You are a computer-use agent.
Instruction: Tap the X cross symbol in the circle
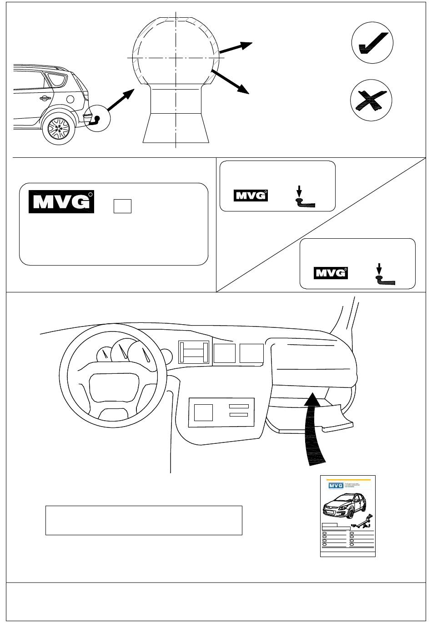coord(372,100)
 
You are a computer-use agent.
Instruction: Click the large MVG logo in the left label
coord(61,201)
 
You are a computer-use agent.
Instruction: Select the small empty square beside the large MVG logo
coord(122,206)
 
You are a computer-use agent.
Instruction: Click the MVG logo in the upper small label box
coord(251,196)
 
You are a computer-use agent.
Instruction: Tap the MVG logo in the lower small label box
coord(331,273)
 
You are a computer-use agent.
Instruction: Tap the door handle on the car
coord(45,98)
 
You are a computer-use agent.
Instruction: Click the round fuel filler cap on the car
coord(70,99)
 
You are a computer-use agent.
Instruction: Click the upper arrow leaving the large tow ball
coord(236,47)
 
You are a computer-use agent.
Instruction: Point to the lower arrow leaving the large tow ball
coord(231,82)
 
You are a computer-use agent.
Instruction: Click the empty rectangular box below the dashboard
coord(144,520)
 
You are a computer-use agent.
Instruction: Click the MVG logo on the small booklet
coord(336,486)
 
